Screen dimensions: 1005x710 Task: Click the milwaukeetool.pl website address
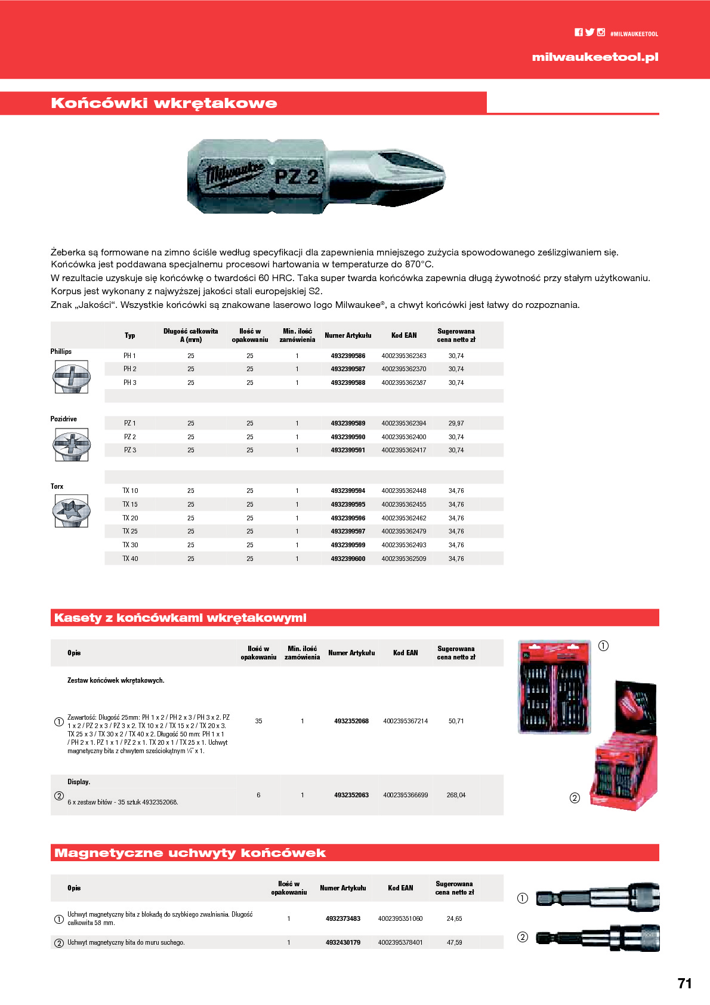point(595,57)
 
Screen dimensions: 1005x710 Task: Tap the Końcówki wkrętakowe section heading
point(164,103)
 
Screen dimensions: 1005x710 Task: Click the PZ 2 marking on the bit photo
point(296,177)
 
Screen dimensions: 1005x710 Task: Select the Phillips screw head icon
point(71,377)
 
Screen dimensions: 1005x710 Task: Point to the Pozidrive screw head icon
point(71,445)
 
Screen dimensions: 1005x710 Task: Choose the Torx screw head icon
point(71,511)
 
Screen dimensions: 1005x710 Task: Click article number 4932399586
point(348,356)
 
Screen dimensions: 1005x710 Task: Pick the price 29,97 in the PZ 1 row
point(456,423)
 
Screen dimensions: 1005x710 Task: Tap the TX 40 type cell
point(130,559)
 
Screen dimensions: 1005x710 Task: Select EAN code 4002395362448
point(404,491)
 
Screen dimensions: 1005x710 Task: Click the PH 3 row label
point(130,383)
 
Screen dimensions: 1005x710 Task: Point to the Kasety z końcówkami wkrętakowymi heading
point(180,618)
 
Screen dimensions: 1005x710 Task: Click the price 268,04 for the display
point(456,795)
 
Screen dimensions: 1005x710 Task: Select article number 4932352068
point(351,721)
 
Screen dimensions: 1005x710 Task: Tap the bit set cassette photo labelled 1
point(554,687)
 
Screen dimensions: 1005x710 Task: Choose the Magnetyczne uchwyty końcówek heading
point(190,853)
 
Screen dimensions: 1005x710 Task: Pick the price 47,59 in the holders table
point(454,942)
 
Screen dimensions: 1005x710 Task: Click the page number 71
point(684,984)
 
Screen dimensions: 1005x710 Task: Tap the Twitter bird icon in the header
point(589,33)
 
